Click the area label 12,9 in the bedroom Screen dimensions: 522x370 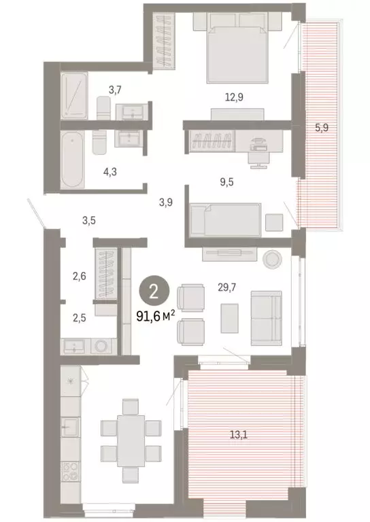point(235,97)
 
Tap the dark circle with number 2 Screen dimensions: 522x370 point(154,292)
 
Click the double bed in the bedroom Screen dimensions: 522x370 point(235,48)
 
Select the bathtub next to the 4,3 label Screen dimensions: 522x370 point(71,160)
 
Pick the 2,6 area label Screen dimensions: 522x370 point(79,276)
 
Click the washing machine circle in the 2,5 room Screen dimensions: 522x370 point(102,346)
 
